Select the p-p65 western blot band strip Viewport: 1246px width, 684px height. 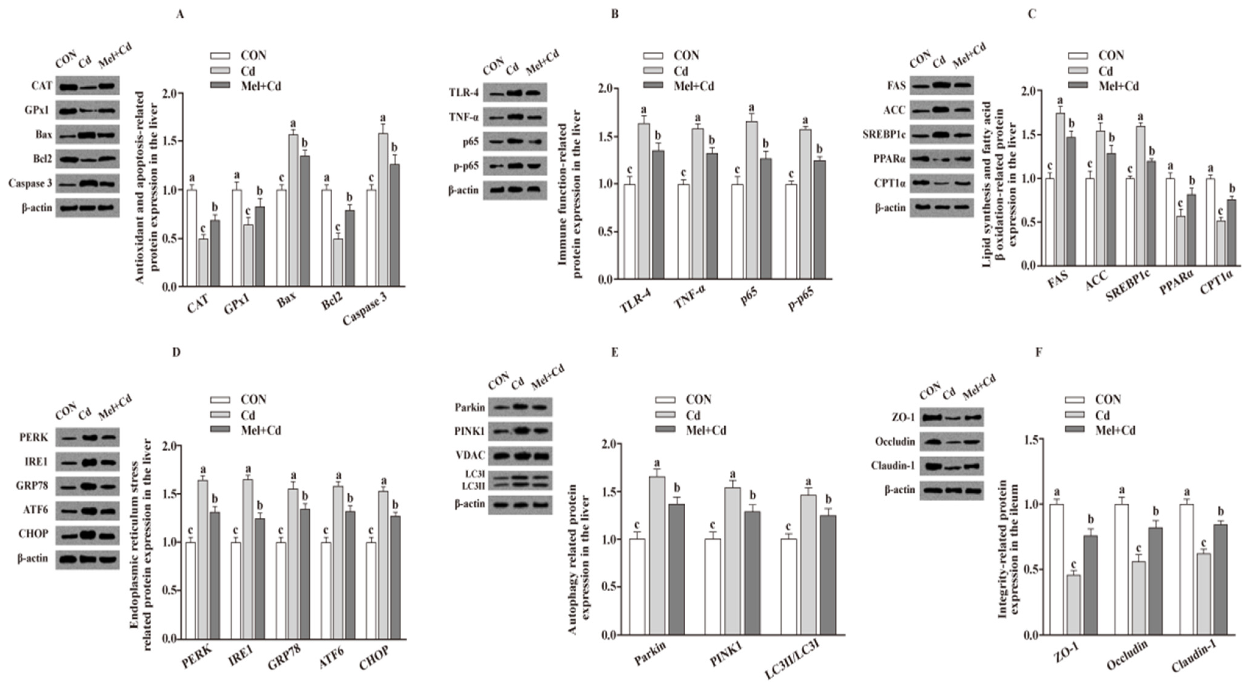click(515, 166)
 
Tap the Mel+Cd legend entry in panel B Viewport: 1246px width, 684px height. click(680, 86)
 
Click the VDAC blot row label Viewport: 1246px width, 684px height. click(470, 455)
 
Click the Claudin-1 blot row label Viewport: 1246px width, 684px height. click(893, 466)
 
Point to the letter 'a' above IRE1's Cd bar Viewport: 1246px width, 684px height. click(248, 469)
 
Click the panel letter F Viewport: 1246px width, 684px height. click(1038, 352)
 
